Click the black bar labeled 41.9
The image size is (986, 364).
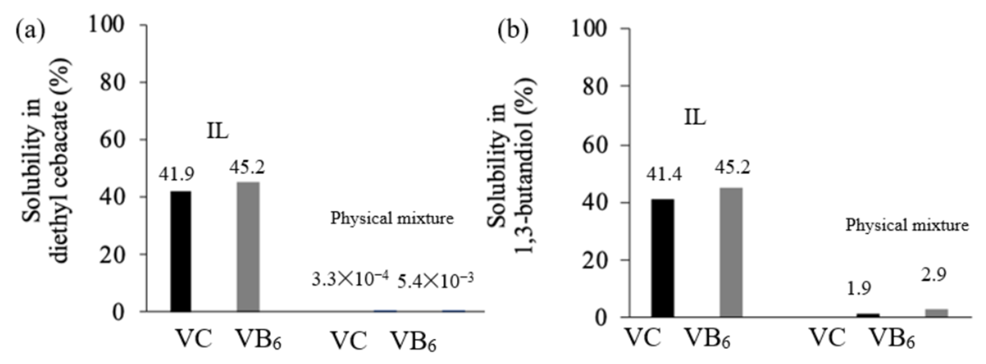[181, 251]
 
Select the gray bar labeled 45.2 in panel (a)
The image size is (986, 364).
[248, 246]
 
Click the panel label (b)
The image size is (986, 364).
[513, 31]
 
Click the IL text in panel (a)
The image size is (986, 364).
[217, 131]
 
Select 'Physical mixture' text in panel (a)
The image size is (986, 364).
[392, 218]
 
